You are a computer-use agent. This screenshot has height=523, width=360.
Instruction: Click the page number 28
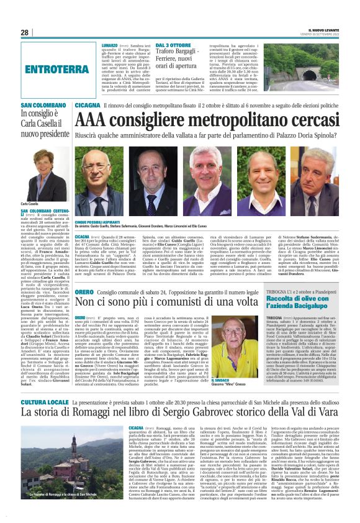(x=25, y=32)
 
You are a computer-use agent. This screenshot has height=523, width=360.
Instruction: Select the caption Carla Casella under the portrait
(x=30, y=203)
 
